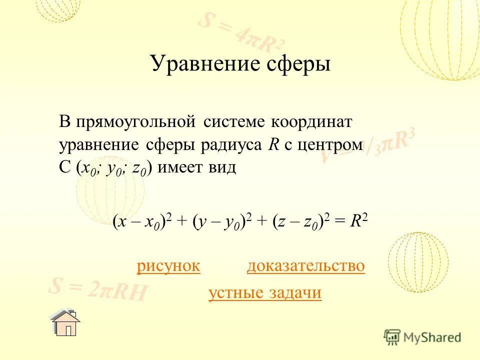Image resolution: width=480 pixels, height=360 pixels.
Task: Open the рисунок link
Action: [x=168, y=266]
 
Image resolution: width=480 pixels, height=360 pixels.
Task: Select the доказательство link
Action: [x=305, y=266]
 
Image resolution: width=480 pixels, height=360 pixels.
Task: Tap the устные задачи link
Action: [x=264, y=293]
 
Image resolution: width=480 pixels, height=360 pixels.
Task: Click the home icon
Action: [x=65, y=323]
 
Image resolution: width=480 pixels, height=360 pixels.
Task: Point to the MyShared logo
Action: [x=422, y=337]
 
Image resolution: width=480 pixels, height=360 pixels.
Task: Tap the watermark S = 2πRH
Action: [x=98, y=290]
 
